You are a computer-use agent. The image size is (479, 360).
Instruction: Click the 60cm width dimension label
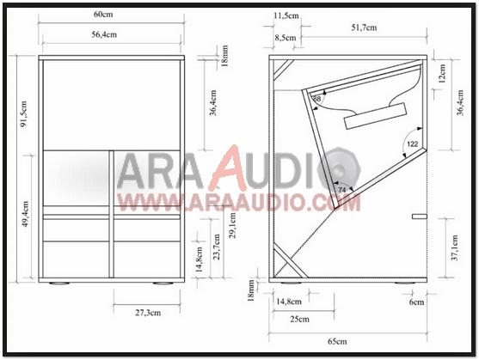click(x=104, y=15)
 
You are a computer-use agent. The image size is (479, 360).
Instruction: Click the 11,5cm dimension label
click(x=286, y=16)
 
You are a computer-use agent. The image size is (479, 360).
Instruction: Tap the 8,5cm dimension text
click(x=286, y=38)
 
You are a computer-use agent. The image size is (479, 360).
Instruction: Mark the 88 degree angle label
click(x=316, y=100)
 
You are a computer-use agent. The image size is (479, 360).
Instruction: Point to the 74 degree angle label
click(x=341, y=189)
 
